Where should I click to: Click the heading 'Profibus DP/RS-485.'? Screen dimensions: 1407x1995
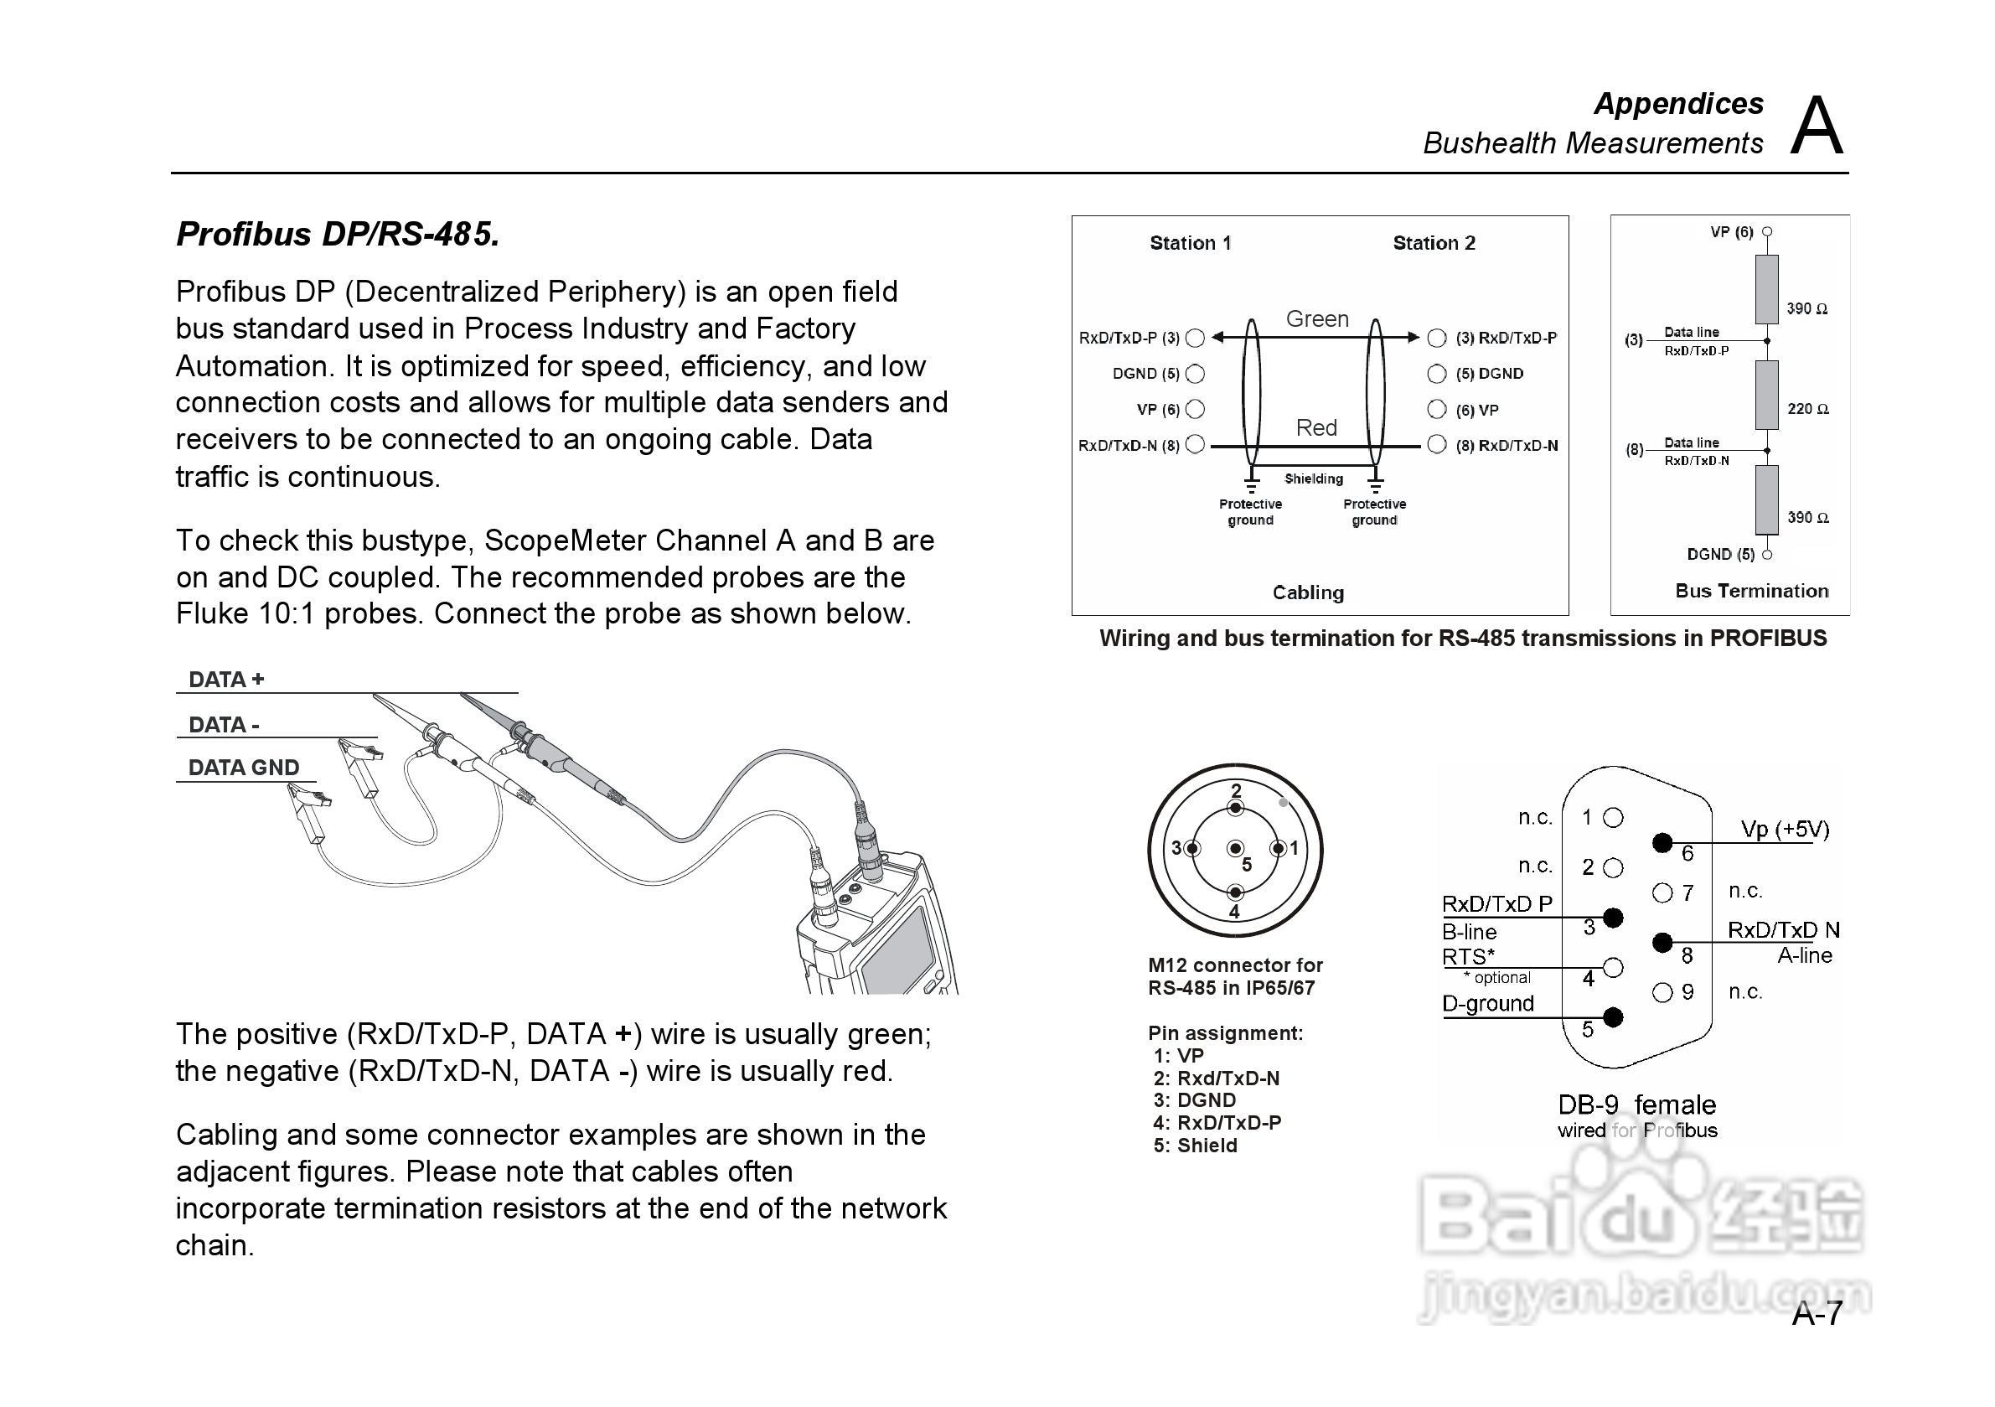coord(337,235)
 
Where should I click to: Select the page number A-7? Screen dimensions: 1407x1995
coord(1816,1314)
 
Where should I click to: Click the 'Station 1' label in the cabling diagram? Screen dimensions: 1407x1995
coord(1191,243)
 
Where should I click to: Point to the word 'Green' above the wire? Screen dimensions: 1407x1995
coord(1316,319)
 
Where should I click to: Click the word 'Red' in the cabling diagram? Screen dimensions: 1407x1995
coord(1315,427)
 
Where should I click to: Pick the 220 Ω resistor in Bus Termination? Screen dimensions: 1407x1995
coord(1765,396)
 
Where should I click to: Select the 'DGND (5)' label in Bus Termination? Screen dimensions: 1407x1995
coord(1720,555)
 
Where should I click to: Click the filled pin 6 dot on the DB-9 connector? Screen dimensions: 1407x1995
coord(1662,842)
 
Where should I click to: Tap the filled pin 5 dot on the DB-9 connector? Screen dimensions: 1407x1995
coord(1613,1016)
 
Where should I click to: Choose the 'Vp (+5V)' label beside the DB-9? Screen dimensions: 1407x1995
coord(1785,829)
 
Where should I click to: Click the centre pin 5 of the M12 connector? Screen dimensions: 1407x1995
coord(1236,849)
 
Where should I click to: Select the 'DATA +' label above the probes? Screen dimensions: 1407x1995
coord(226,680)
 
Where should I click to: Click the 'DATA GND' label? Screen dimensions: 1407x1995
coord(243,768)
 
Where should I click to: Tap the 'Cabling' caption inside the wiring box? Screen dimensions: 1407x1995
coord(1308,592)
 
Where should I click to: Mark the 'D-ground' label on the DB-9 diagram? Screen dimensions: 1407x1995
coord(1487,1004)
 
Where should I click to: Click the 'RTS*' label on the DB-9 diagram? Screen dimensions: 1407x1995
coord(1469,957)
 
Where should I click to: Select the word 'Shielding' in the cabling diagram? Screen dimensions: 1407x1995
coord(1313,478)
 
